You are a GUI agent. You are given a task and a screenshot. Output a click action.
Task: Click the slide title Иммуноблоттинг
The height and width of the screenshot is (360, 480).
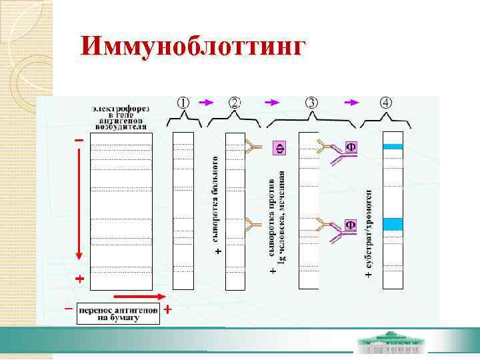[x=193, y=45]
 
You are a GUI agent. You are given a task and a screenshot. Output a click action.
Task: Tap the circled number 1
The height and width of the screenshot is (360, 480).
[x=183, y=103]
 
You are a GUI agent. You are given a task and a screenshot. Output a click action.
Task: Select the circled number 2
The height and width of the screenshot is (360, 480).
[x=235, y=103]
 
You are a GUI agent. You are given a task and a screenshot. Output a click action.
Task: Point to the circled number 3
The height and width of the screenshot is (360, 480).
[x=312, y=103]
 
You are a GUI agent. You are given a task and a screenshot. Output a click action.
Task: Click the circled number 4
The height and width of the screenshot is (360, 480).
[x=387, y=103]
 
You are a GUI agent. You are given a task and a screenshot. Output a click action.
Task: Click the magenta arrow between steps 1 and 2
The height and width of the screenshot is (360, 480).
[x=207, y=103]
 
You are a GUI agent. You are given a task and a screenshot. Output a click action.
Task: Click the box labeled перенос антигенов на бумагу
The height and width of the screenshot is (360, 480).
[x=119, y=314]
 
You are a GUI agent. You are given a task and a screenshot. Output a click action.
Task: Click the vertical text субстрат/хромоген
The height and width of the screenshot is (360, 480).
[x=369, y=230]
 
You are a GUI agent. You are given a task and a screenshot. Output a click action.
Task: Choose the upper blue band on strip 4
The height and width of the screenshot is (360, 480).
[x=393, y=146]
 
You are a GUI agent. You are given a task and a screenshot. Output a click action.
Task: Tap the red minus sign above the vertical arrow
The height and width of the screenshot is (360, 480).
[x=79, y=140]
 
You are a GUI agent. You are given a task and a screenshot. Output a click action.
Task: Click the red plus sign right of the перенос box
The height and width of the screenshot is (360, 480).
[x=168, y=309]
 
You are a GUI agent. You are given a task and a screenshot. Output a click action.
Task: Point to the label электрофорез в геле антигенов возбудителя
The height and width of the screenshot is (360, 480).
[x=121, y=117]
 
